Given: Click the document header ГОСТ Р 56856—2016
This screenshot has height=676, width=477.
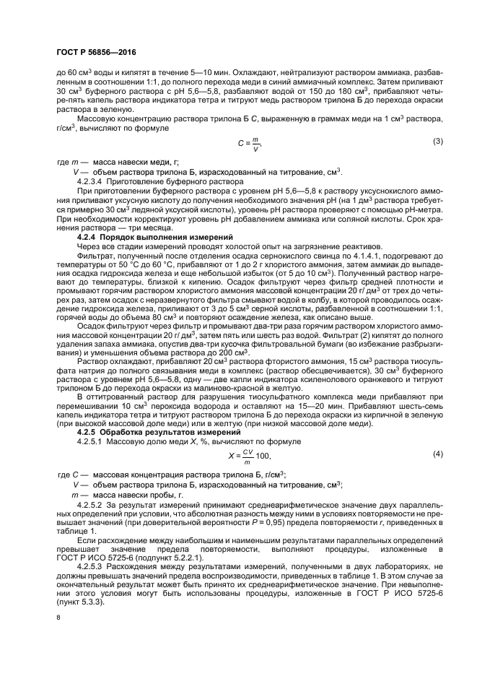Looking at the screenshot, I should (x=96, y=53).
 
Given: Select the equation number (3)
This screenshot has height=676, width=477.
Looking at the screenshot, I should (x=437, y=141).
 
